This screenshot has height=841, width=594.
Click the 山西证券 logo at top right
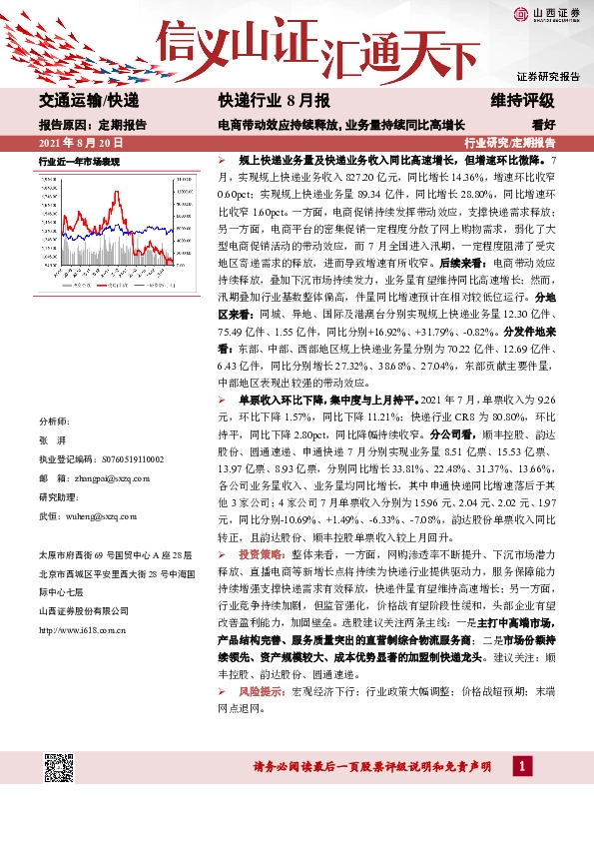coord(543,13)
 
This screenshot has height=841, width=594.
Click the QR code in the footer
coord(59,767)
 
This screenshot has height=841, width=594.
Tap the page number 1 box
coord(521,766)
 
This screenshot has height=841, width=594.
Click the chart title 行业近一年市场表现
coord(79,161)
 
